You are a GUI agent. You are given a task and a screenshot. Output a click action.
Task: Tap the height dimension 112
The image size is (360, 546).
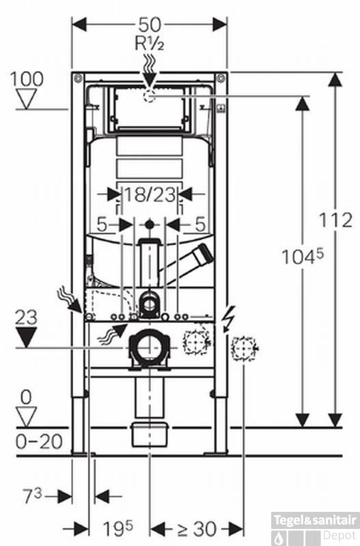pyautogui.click(x=337, y=220)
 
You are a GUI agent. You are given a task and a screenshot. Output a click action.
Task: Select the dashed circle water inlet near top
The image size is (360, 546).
pyautogui.click(x=150, y=97)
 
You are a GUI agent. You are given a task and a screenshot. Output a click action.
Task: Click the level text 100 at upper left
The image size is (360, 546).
pyautogui.click(x=27, y=78)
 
